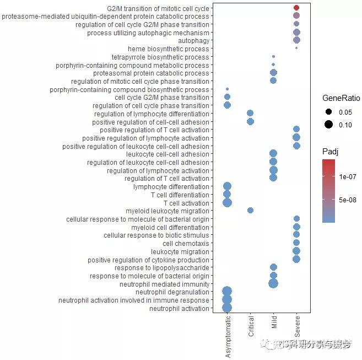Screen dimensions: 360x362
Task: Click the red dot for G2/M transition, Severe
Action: point(296,8)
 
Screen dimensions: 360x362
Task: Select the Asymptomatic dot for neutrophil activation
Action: point(227,308)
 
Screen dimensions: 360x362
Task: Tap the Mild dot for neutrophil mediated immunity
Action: point(273,283)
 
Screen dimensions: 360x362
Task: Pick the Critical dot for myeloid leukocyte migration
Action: point(250,210)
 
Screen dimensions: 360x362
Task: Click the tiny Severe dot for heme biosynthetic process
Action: point(296,49)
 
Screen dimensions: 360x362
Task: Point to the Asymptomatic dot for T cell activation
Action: point(227,202)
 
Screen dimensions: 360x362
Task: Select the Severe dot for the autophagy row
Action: point(296,40)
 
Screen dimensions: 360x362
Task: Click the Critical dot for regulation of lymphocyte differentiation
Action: point(250,113)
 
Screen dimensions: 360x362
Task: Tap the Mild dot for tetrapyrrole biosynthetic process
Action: point(273,57)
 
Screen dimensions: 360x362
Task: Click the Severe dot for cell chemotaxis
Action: point(296,243)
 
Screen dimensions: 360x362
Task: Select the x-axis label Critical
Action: point(251,326)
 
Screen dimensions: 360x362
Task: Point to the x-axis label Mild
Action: point(274,322)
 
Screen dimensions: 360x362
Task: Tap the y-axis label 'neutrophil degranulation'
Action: point(172,292)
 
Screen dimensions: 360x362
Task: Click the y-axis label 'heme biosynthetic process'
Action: point(168,49)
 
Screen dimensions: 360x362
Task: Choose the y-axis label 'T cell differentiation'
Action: point(180,195)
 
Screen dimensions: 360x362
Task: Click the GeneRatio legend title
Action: point(341,98)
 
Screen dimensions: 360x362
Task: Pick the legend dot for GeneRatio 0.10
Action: point(329,125)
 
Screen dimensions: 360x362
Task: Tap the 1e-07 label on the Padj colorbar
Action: point(348,177)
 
